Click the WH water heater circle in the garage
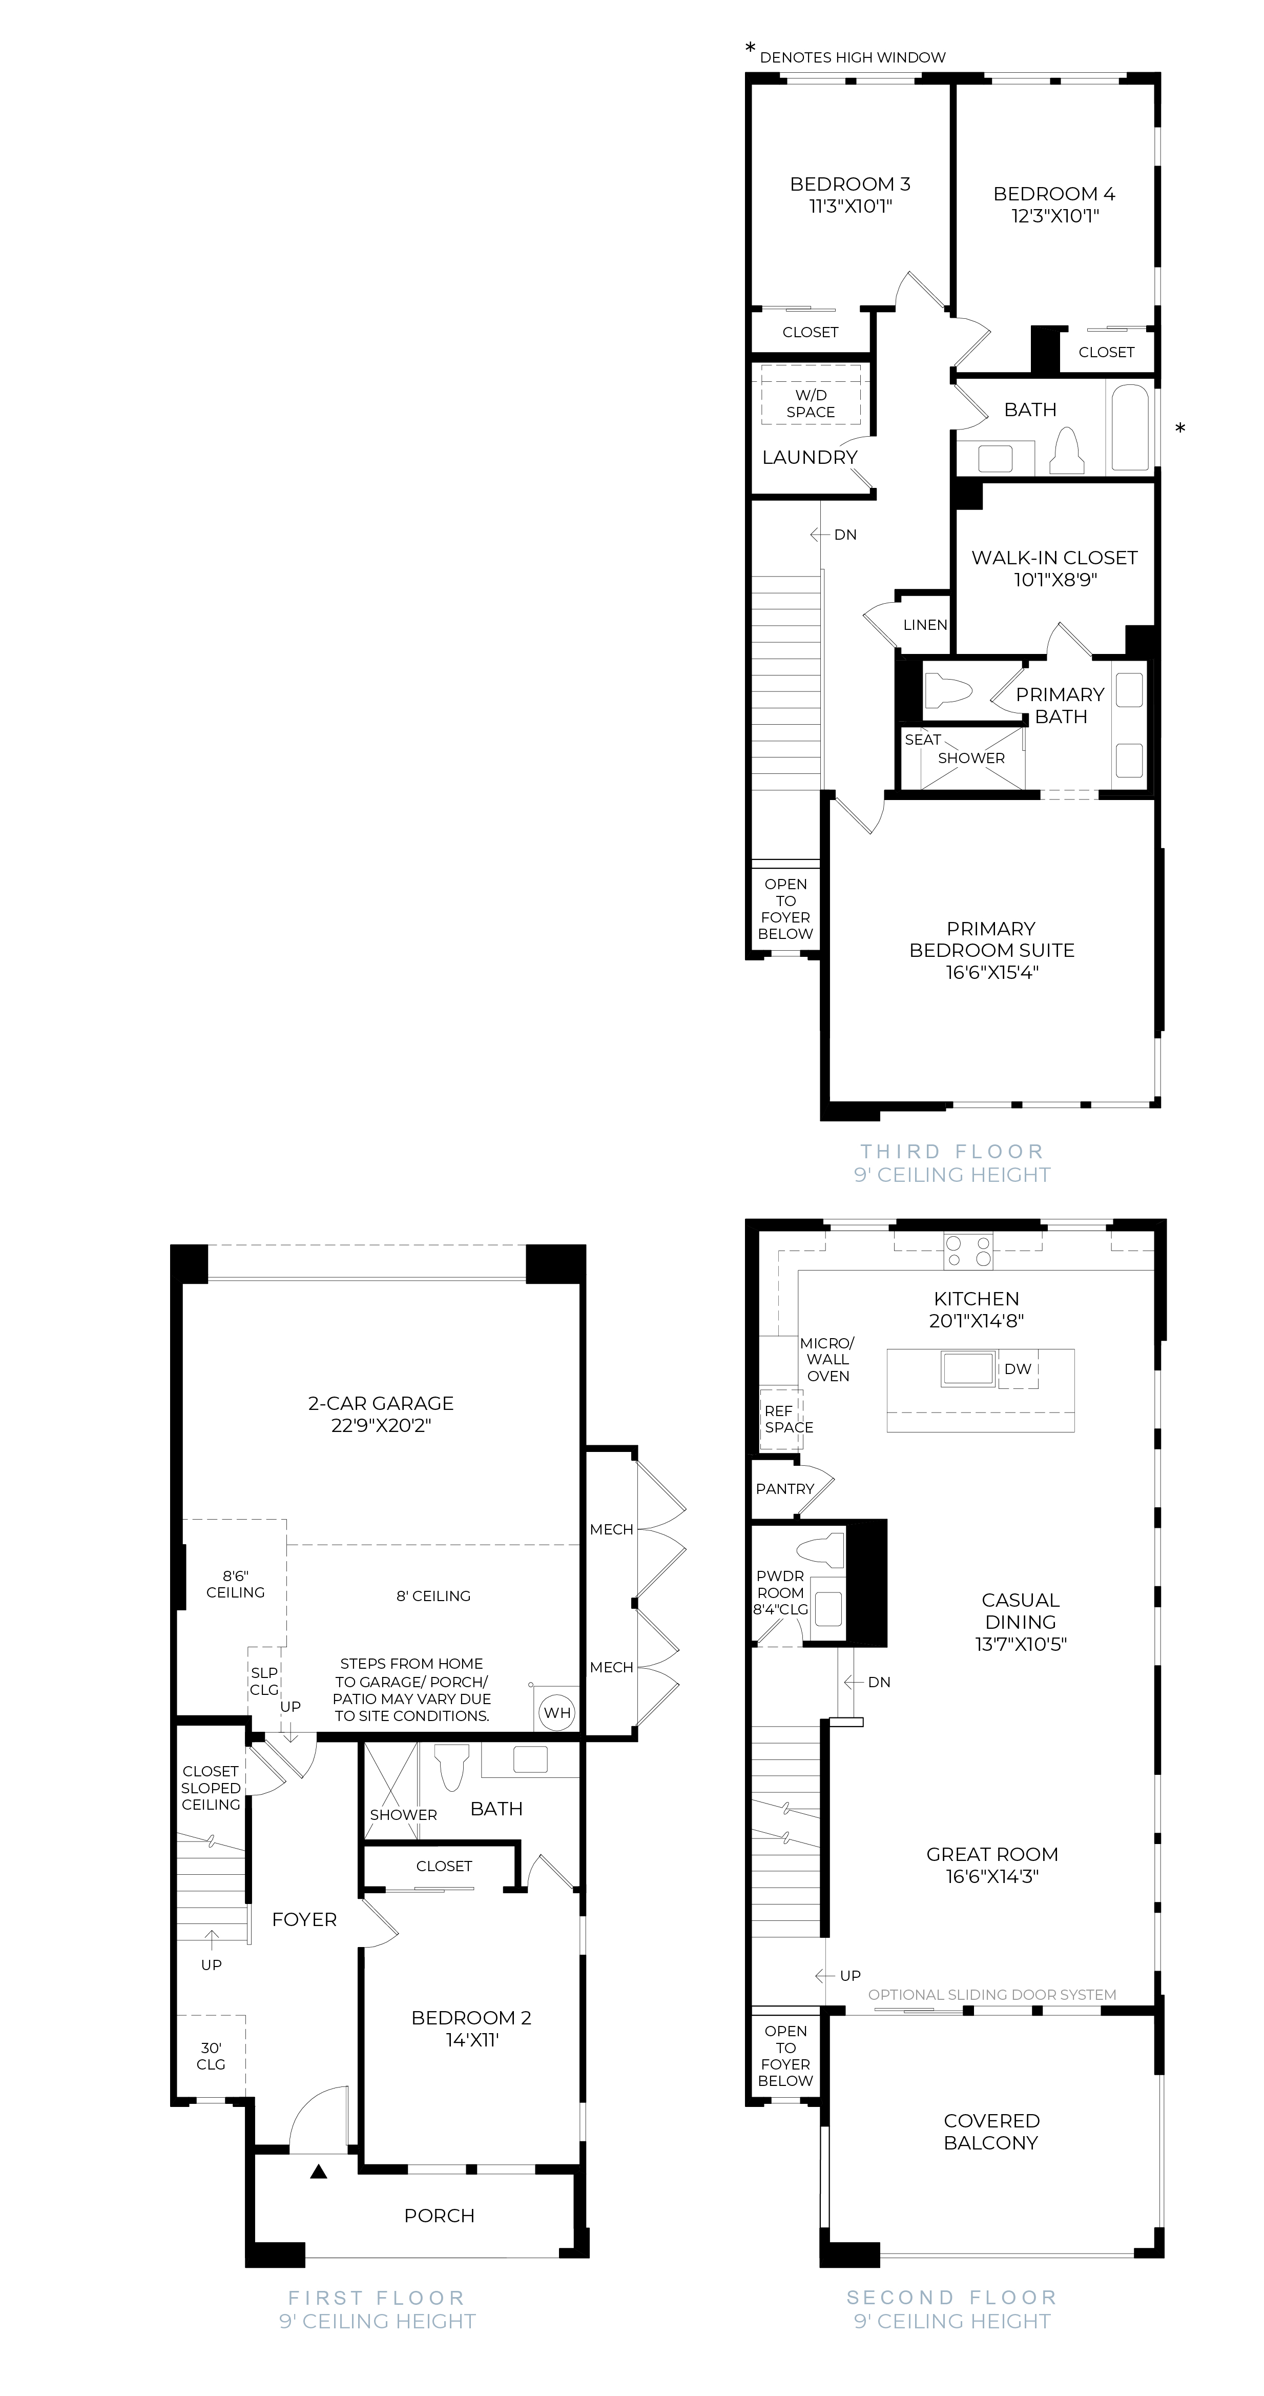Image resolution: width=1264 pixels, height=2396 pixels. (x=557, y=1712)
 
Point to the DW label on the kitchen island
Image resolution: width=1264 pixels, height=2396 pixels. (x=1018, y=1369)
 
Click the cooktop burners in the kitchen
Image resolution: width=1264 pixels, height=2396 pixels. (x=968, y=1250)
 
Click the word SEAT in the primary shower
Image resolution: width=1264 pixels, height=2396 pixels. (x=923, y=740)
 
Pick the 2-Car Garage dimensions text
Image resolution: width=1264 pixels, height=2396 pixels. (x=381, y=1425)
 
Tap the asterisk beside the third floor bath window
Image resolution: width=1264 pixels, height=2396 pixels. (x=1180, y=429)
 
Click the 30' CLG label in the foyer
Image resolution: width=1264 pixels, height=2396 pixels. (x=211, y=2056)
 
